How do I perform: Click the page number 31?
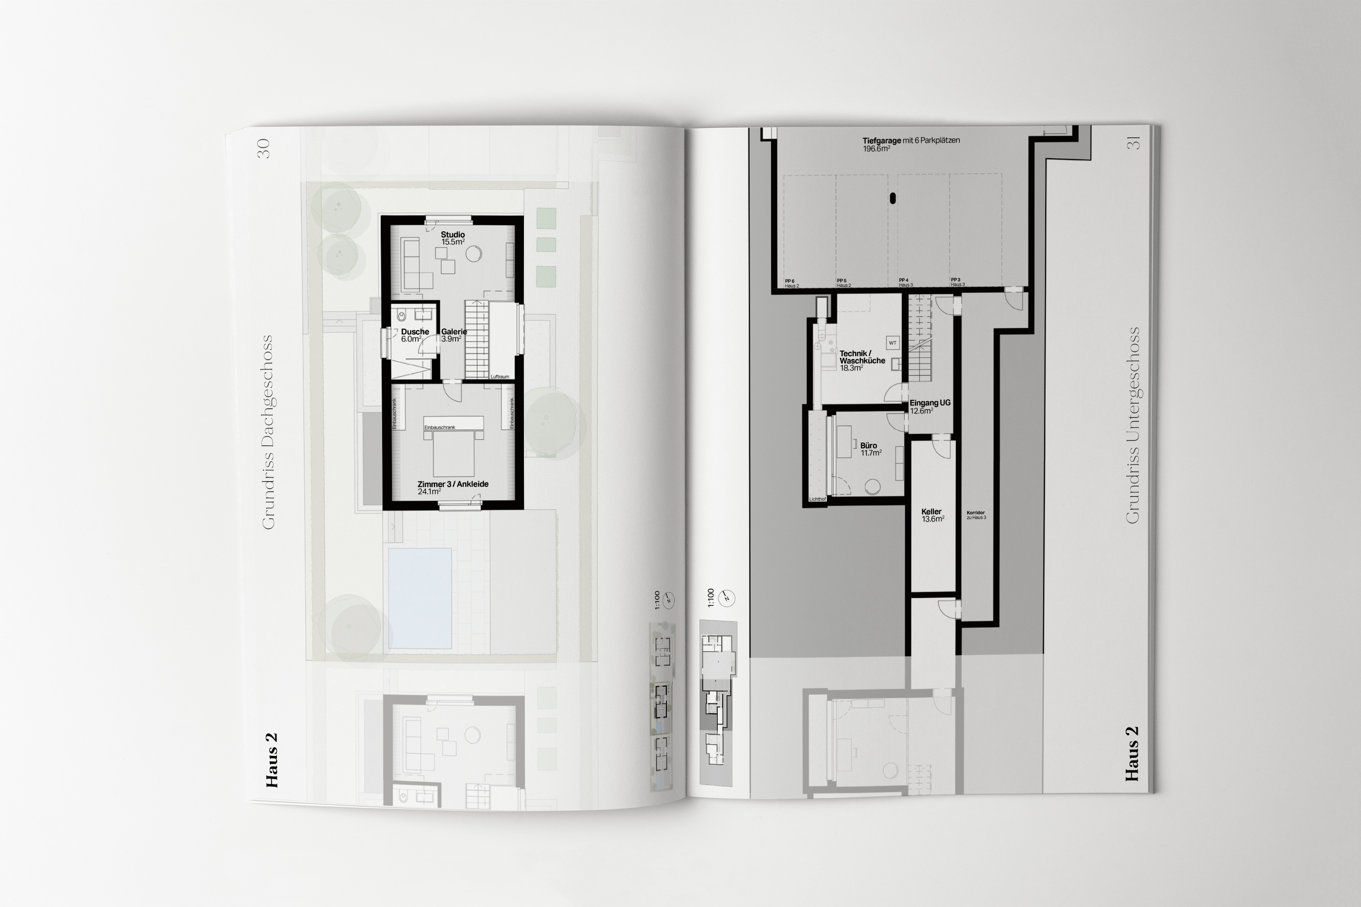1133,142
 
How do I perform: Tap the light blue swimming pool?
420,598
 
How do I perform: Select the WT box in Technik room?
892,343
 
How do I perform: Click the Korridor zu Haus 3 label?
976,515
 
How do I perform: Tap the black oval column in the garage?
892,199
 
